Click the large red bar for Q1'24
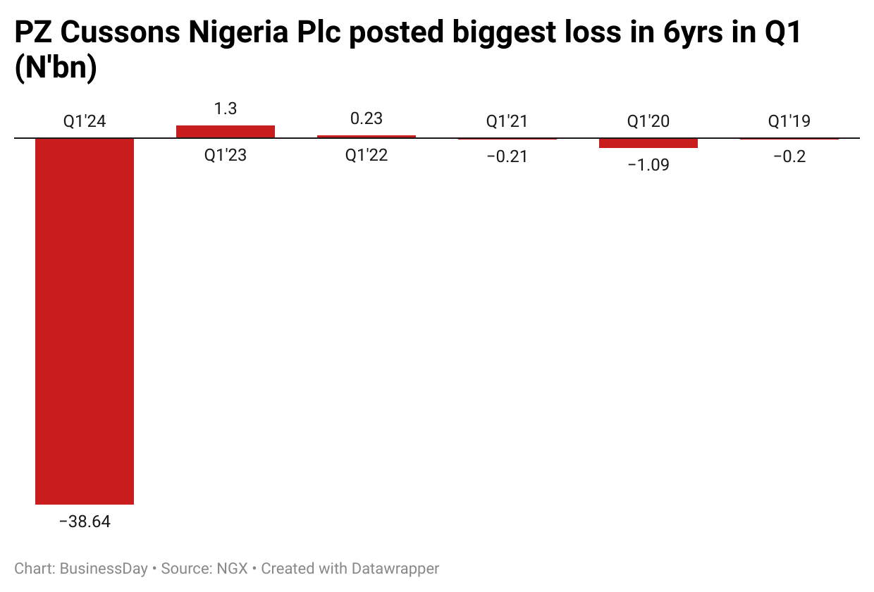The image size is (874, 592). pos(85,321)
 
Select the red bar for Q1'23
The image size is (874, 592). pos(226,132)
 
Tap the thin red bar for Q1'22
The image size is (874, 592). pos(367,137)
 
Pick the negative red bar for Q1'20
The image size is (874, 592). pos(648,143)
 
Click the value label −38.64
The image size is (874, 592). pos(85,522)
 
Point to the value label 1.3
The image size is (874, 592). pos(226,109)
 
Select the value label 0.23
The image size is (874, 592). pos(367,118)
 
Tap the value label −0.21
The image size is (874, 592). pos(507,156)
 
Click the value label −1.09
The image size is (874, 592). pos(648,165)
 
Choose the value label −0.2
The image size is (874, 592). pos(789,156)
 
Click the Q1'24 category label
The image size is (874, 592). pos(85,121)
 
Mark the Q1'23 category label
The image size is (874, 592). pos(226,155)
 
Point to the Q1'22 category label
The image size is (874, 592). pos(367,155)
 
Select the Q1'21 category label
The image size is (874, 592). pos(507,121)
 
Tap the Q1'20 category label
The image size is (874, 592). pos(648,121)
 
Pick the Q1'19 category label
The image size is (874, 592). pos(789,121)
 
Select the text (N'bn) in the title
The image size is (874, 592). pos(55,70)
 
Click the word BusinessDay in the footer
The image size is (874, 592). pos(104,568)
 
